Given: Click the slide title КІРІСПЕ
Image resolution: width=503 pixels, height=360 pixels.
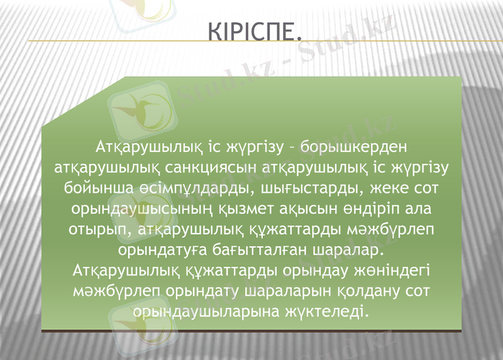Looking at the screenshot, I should [x=250, y=31].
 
